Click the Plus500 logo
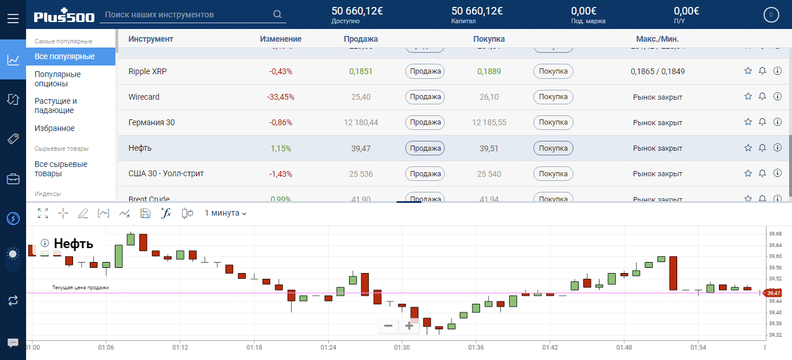tap(64, 16)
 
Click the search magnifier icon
tap(277, 14)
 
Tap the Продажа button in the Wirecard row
tap(424, 97)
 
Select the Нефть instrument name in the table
tap(140, 148)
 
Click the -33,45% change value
tap(281, 97)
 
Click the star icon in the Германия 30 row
tap(748, 122)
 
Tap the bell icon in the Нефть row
tap(762, 148)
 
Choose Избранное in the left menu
tap(55, 128)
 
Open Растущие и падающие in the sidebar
tap(56, 106)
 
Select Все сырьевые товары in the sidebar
tap(61, 169)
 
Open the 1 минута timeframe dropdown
tap(226, 213)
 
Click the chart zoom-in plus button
tap(409, 326)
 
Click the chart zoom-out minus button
tap(388, 326)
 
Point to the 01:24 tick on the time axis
tap(328, 347)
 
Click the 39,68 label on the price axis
tap(775, 234)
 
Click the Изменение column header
tap(281, 39)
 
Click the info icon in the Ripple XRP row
tap(778, 71)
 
